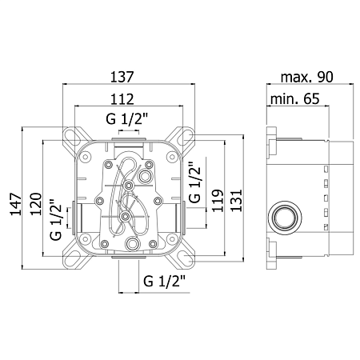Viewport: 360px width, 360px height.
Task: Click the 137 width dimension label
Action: click(x=122, y=77)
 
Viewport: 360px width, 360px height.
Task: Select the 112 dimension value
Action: click(x=122, y=99)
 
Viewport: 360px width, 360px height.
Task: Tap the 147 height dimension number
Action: click(x=16, y=204)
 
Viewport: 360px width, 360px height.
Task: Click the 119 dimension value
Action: click(x=217, y=201)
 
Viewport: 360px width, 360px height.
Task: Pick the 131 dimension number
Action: click(x=236, y=201)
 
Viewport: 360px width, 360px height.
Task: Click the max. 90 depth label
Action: click(x=307, y=77)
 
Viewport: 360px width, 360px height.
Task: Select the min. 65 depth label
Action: click(x=294, y=99)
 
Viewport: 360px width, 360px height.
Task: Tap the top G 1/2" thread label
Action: click(x=126, y=118)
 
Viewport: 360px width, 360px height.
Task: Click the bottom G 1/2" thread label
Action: click(x=164, y=281)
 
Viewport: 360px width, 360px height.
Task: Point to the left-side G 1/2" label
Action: click(x=56, y=219)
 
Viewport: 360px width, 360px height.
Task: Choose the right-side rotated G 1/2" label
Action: click(x=194, y=182)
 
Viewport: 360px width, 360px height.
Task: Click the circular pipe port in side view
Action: click(x=285, y=217)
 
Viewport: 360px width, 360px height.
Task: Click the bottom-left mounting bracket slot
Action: click(x=73, y=258)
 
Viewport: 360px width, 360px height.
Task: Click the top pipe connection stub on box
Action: click(x=129, y=139)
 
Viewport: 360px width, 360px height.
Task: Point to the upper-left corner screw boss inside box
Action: click(x=86, y=157)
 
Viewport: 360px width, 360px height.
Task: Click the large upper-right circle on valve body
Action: click(x=145, y=176)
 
